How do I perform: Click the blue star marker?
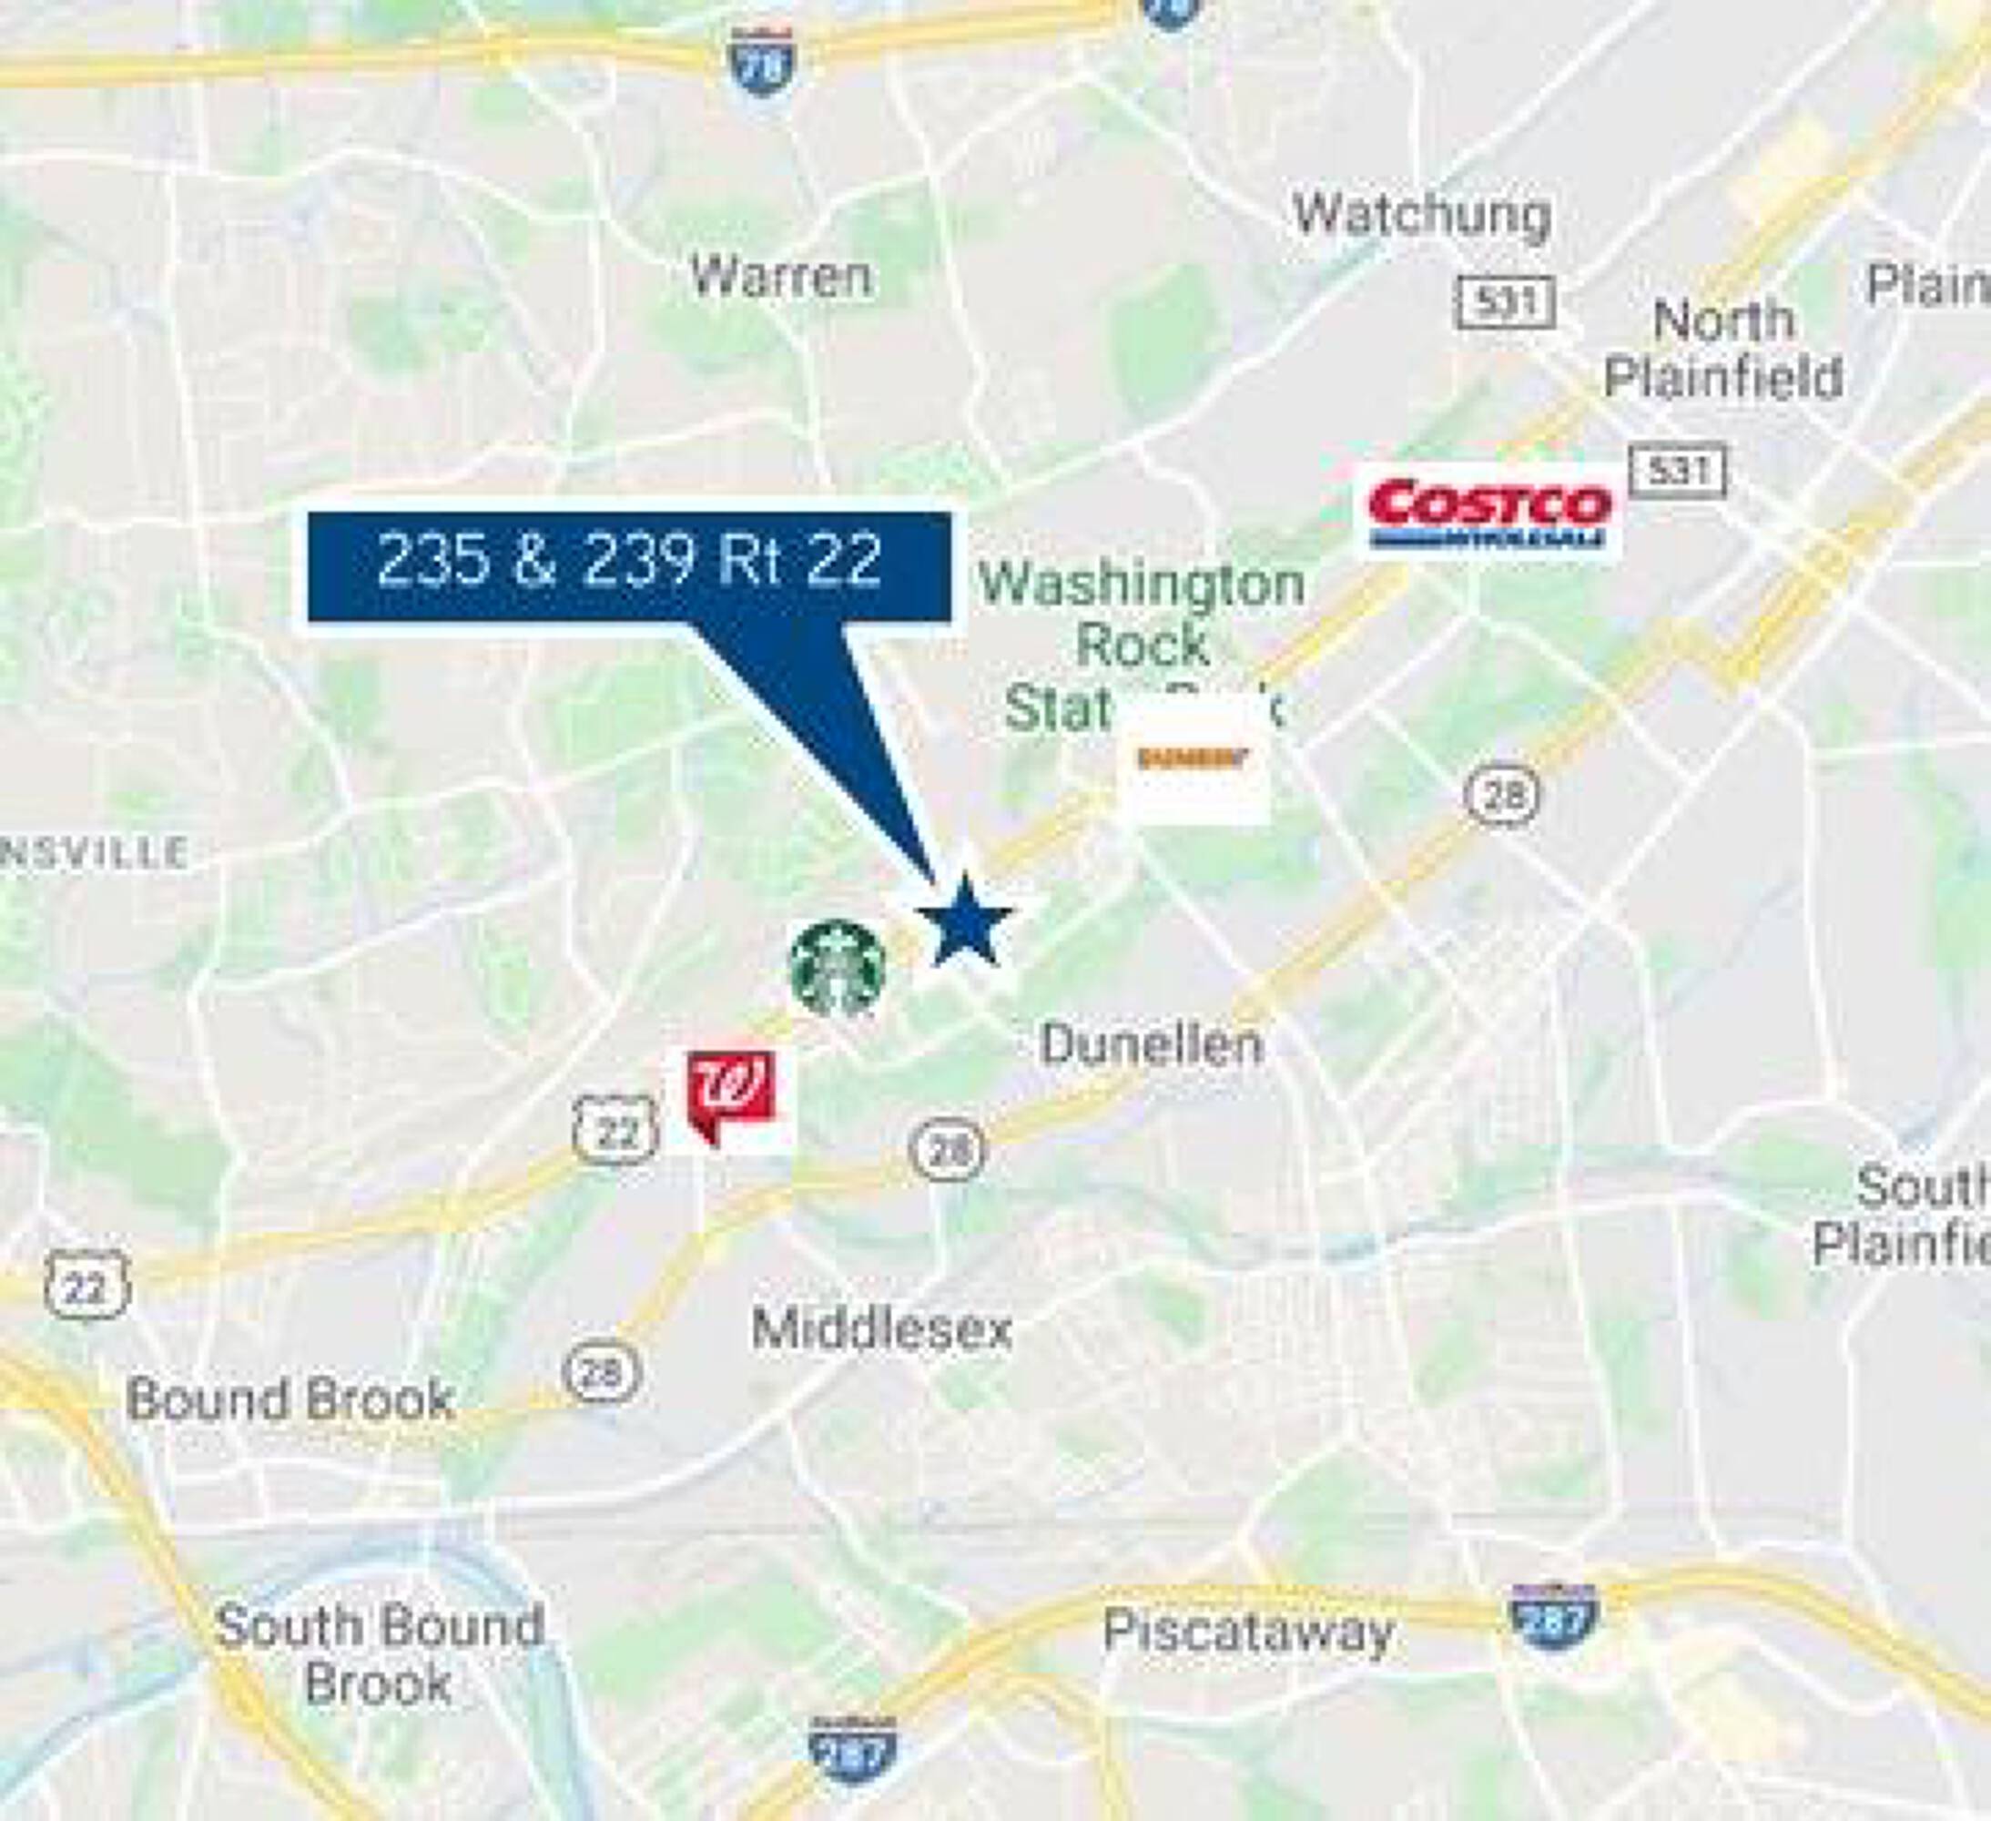(x=964, y=921)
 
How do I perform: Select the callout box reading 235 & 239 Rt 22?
(x=629, y=565)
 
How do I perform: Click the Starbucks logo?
(x=838, y=968)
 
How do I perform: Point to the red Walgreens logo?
(x=731, y=1097)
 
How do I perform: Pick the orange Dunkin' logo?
(x=1193, y=758)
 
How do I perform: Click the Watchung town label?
(x=1421, y=215)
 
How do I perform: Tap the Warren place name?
(x=780, y=277)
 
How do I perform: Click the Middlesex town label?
(x=881, y=1329)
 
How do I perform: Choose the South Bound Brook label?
(x=380, y=1654)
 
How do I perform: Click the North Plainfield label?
(x=1723, y=350)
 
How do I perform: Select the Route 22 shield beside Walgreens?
(x=615, y=1129)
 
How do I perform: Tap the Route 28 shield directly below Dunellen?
(x=946, y=1148)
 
